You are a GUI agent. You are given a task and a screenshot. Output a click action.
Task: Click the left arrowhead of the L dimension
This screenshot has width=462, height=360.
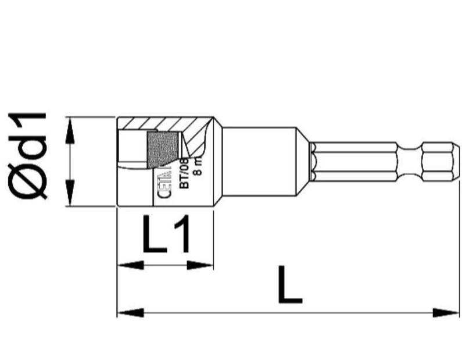pyautogui.click(x=131, y=313)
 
